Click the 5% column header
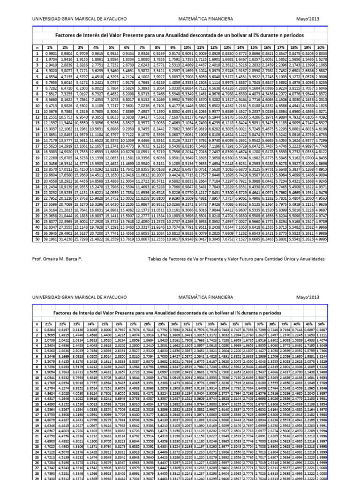tap(111, 48)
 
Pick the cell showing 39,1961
tap(49, 238)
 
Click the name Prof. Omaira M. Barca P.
tap(56, 259)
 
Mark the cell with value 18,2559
tap(111, 238)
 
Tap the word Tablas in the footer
tap(156, 259)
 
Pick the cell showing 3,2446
tap(49, 356)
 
